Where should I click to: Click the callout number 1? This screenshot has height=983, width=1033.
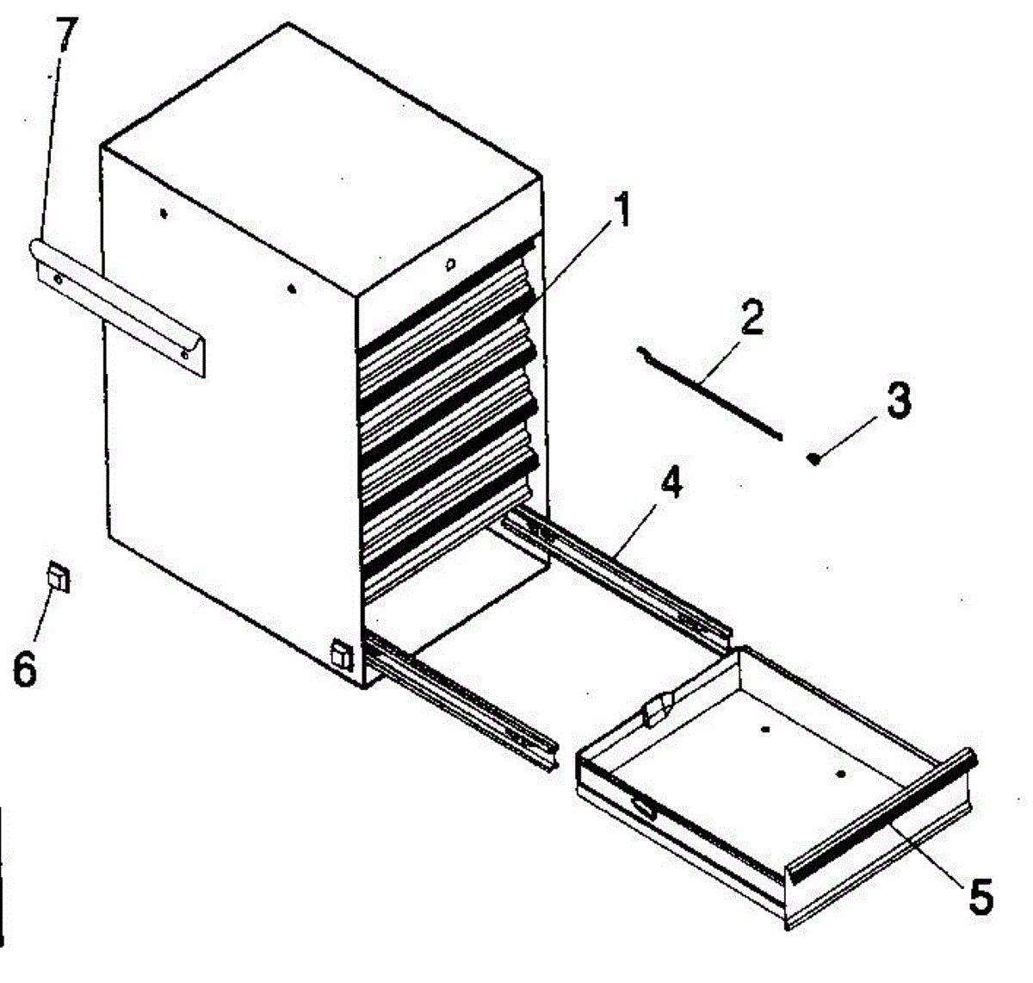622,211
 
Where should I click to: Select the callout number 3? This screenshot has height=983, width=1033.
899,401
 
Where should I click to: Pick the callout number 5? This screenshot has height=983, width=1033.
980,896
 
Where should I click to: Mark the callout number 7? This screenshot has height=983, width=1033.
67,35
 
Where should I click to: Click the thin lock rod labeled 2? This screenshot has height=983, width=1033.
711,393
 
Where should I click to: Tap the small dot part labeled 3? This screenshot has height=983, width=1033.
813,458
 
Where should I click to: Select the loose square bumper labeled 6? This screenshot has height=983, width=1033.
59,575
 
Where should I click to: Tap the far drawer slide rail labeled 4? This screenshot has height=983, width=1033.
616,570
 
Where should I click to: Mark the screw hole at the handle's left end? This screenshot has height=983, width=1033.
57,277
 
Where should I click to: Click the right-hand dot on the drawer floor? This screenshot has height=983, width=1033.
841,774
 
